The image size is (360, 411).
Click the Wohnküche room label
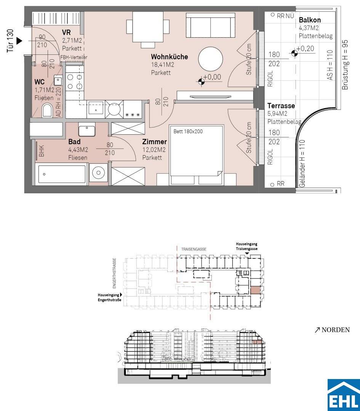click(x=169, y=57)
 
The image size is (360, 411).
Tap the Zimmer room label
click(x=154, y=142)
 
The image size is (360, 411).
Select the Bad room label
click(x=74, y=142)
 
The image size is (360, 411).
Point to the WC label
click(x=39, y=82)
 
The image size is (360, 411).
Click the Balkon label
click(x=310, y=20)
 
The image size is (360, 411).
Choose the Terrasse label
click(x=281, y=106)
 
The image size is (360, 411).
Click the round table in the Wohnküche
click(x=210, y=59)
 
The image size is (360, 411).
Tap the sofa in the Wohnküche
click(x=210, y=25)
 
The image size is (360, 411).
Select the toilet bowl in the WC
click(x=47, y=110)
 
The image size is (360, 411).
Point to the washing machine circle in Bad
click(x=98, y=173)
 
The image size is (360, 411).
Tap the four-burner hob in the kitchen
click(x=75, y=82)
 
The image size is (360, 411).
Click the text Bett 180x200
click(x=188, y=131)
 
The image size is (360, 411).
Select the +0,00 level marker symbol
click(x=201, y=81)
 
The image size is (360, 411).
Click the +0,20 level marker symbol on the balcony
click(x=294, y=53)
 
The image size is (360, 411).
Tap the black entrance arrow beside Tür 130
click(x=19, y=41)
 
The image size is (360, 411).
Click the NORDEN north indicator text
click(x=336, y=330)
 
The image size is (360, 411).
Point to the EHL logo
click(x=344, y=395)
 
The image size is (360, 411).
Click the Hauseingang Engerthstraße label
click(x=110, y=297)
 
